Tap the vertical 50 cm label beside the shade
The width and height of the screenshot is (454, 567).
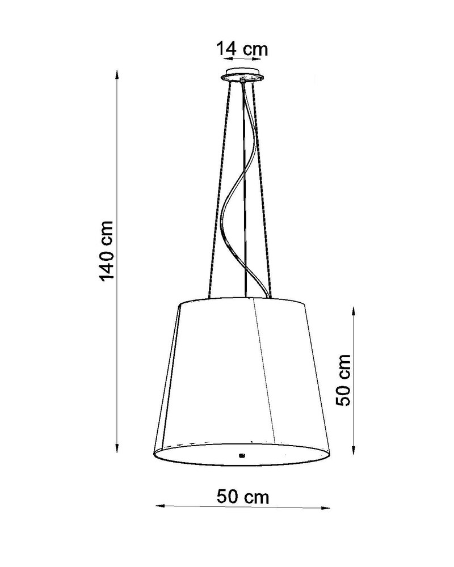coord(343,380)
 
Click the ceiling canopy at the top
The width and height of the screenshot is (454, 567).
coord(243,76)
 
